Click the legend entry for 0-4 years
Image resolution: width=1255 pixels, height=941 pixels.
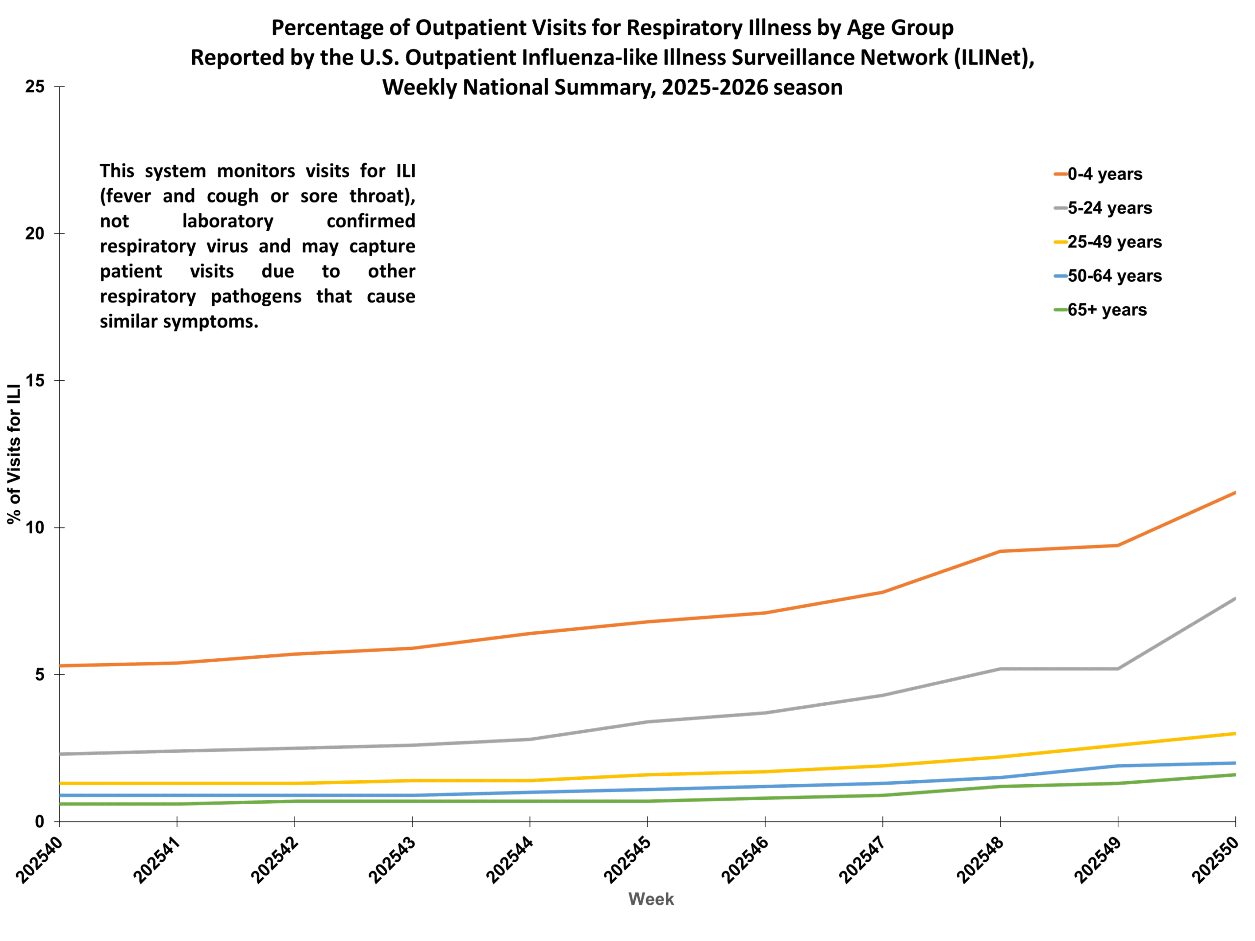pos(1104,173)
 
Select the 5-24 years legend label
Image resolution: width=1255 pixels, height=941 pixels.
pos(1109,208)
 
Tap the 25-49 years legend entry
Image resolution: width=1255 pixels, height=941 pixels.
pos(1114,242)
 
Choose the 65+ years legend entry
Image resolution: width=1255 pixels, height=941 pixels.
pos(1106,310)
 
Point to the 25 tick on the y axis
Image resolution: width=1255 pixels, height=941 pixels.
pos(35,87)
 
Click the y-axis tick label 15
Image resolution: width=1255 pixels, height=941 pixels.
pos(35,381)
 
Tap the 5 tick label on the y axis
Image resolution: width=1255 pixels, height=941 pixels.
pos(40,674)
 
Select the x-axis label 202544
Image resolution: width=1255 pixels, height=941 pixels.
pos(509,861)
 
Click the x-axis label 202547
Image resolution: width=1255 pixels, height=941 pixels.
pos(862,861)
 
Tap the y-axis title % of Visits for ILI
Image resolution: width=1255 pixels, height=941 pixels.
pos(14,454)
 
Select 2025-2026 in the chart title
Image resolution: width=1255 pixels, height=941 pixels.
pos(714,87)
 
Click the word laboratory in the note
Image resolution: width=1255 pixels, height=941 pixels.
pos(227,221)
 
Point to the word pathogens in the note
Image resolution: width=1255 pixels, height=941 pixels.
pos(256,296)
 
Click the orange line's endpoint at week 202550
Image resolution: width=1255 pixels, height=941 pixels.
pos(1234,493)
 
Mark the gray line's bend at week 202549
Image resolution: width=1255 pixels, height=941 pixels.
pos(1118,669)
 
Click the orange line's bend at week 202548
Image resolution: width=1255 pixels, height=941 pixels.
pos(1000,551)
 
